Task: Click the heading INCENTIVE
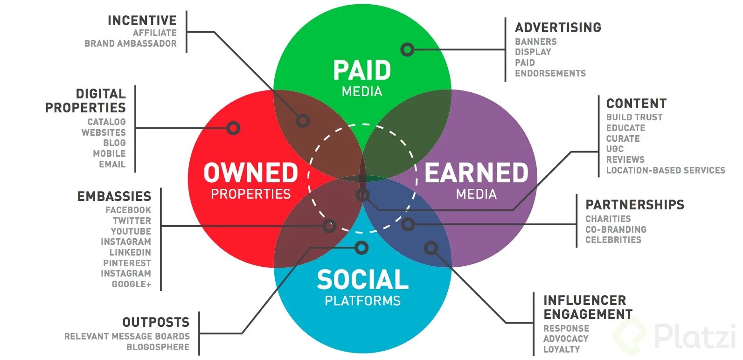coord(142,21)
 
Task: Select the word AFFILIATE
coord(154,33)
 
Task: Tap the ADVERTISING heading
coord(558,28)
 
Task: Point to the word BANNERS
coord(535,42)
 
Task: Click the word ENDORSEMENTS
coord(550,73)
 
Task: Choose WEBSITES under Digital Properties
coord(104,132)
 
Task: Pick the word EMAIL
coord(112,164)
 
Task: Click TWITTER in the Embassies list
coord(132,221)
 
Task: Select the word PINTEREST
coord(127,263)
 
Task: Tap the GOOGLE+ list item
coord(131,284)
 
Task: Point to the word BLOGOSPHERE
coord(158,347)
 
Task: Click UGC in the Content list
coord(615,149)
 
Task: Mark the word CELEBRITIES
coord(613,240)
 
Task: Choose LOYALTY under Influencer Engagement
coord(562,349)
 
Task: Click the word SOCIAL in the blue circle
coord(362,280)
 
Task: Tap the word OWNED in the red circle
coord(250,173)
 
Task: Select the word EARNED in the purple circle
coord(476,173)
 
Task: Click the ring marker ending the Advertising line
coord(407,49)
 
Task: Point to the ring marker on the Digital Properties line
coord(233,128)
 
